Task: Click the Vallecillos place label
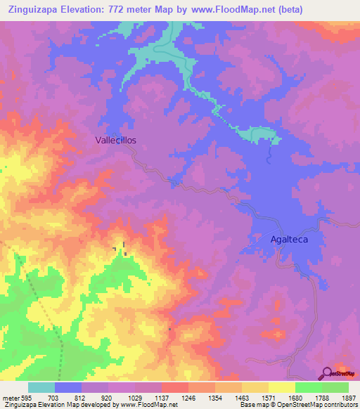(115, 140)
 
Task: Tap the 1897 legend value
(347, 397)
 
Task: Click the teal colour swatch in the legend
(41, 387)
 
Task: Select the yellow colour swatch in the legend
(281, 387)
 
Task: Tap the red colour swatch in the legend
(174, 387)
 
